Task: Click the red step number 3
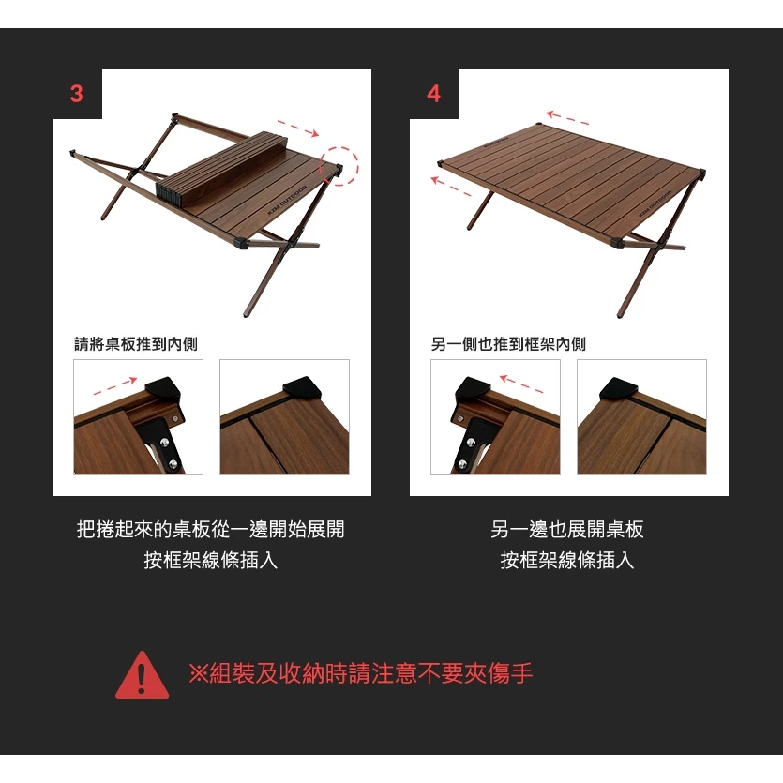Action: [x=77, y=94]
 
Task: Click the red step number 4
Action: [x=433, y=94]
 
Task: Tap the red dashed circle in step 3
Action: [x=340, y=165]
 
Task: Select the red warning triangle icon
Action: [x=142, y=675]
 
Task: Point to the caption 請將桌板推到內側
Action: [x=136, y=344]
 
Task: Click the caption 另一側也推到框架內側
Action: [x=508, y=344]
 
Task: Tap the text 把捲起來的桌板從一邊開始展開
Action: [x=210, y=530]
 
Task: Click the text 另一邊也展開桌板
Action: [x=567, y=530]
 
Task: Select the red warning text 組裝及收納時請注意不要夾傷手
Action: [x=361, y=673]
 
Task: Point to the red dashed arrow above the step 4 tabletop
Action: [x=568, y=118]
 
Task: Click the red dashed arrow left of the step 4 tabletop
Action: [x=453, y=185]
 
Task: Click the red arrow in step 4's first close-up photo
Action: [x=522, y=383]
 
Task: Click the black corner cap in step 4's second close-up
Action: [x=619, y=387]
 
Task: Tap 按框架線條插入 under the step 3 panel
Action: [x=210, y=561]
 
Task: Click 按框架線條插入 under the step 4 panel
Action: [x=567, y=561]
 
